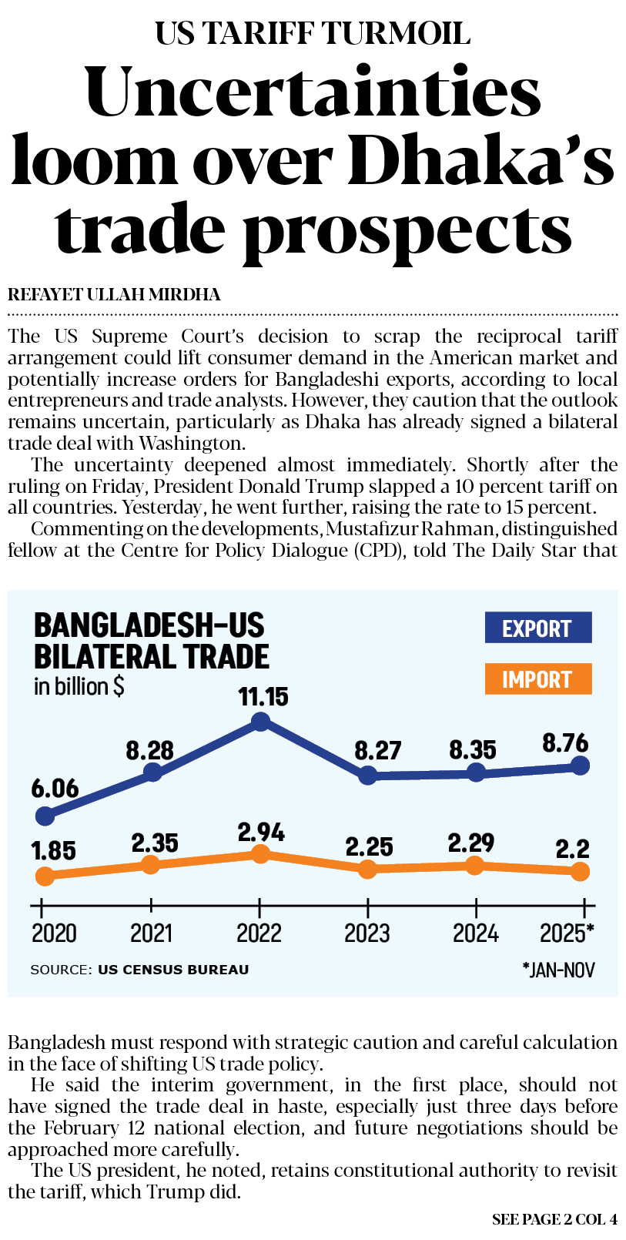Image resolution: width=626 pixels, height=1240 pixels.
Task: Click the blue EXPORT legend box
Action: click(537, 628)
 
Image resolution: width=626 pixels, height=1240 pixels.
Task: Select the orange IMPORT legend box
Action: click(537, 679)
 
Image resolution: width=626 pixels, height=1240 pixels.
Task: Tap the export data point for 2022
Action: click(261, 722)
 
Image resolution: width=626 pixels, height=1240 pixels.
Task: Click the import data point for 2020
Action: click(45, 876)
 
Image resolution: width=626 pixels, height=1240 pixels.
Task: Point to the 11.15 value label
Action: click(263, 697)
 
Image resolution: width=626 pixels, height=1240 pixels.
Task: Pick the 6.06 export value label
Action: click(55, 789)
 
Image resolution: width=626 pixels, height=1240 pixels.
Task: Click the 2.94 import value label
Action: click(261, 833)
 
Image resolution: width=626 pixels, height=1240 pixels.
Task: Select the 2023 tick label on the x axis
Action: click(367, 933)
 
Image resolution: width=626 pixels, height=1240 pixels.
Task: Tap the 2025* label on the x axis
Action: click(567, 933)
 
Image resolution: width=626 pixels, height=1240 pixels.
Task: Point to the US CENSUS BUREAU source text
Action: click(173, 970)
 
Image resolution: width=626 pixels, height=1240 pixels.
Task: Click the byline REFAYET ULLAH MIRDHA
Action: click(114, 295)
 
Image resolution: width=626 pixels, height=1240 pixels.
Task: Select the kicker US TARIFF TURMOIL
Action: click(313, 33)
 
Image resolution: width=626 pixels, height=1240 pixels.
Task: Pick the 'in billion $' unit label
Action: click(79, 686)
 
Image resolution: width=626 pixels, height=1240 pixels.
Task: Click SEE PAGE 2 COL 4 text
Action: click(554, 1219)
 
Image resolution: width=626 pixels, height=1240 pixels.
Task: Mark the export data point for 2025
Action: click(581, 766)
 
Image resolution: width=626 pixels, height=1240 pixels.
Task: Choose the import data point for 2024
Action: click(475, 866)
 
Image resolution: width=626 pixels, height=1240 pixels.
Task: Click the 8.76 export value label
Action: click(565, 743)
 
